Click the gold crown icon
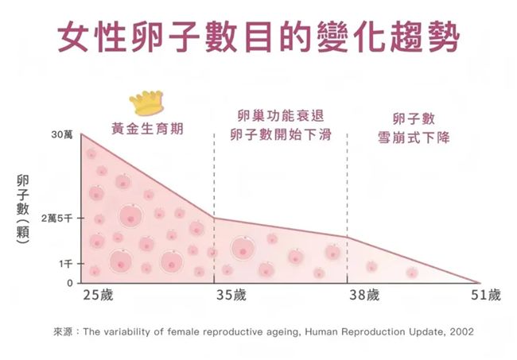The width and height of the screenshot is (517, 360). pos(146,103)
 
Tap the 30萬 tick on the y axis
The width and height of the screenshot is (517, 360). pos(62,136)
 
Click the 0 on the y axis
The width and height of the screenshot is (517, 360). pos(68,282)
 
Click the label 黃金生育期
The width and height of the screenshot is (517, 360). pos(146,127)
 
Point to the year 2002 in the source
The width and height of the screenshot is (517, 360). pos(460,331)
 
